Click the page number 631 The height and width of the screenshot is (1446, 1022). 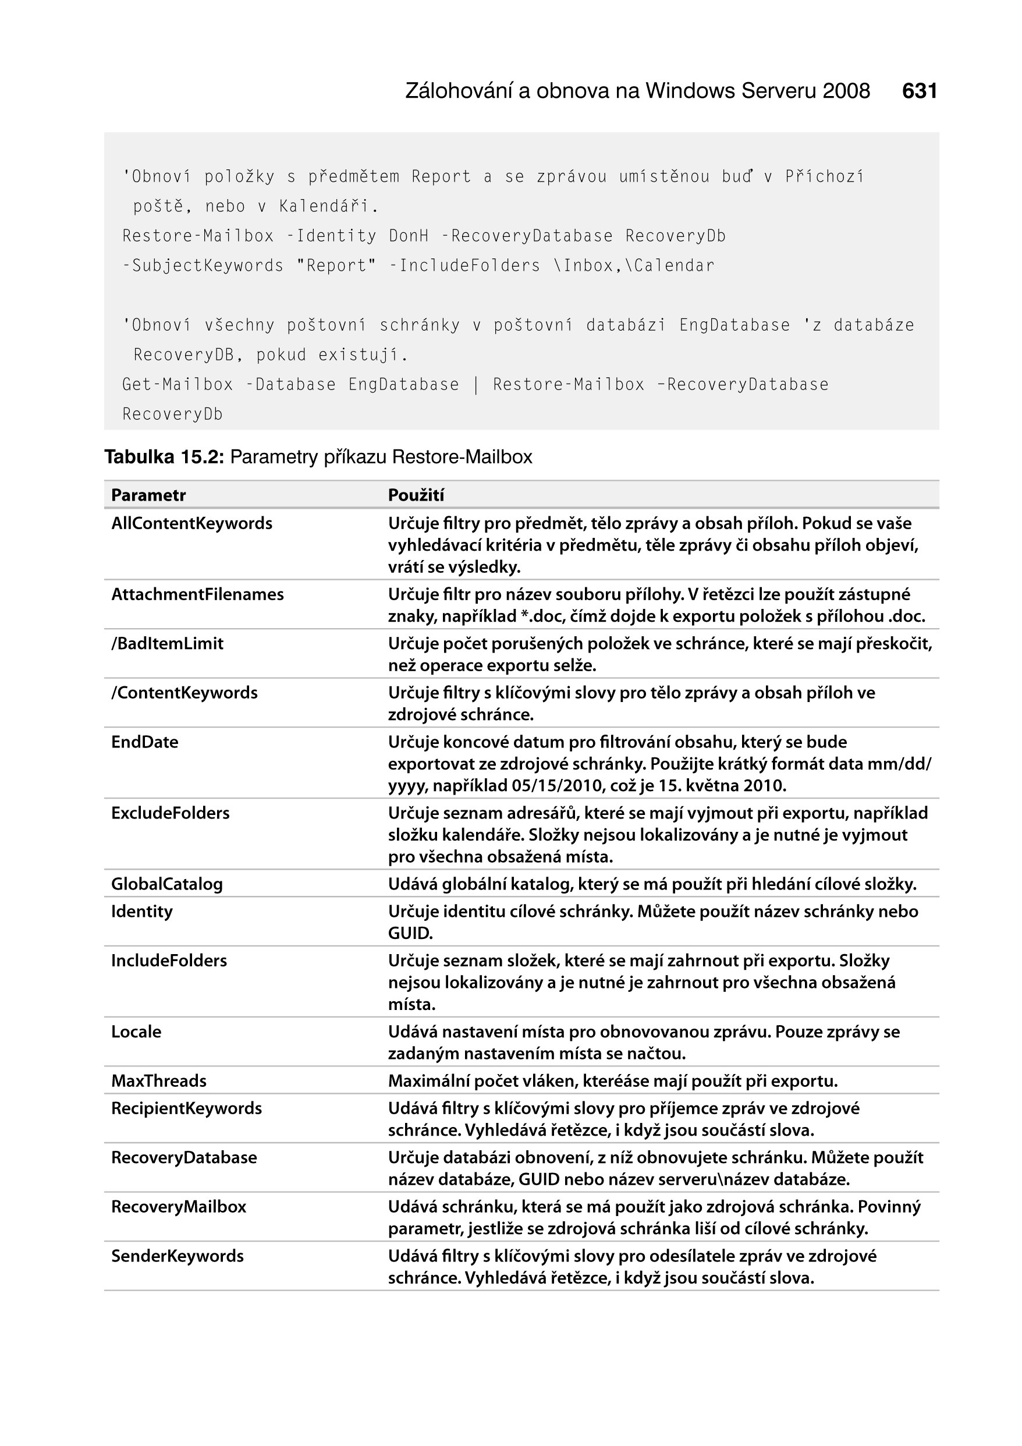click(920, 91)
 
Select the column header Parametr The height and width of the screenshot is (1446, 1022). click(148, 495)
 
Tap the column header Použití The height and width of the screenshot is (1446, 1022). click(416, 495)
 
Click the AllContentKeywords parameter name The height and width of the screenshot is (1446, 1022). click(192, 523)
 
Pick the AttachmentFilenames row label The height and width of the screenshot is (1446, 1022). click(198, 594)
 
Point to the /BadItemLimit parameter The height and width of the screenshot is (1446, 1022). click(168, 644)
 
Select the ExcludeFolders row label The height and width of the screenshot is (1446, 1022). click(171, 813)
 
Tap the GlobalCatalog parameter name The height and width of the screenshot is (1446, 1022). click(167, 884)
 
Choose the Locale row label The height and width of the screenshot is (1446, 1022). click(136, 1032)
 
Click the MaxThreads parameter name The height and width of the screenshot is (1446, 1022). click(159, 1081)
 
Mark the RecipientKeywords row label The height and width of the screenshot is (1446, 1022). click(186, 1108)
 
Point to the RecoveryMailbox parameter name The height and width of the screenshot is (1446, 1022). click(179, 1207)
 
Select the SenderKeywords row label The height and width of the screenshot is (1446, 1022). click(178, 1256)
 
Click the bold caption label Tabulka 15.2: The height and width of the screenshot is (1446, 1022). click(164, 457)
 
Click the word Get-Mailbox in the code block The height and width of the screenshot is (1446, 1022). click(178, 385)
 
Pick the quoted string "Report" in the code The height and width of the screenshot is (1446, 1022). click(336, 266)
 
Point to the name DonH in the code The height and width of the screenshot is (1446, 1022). click(409, 236)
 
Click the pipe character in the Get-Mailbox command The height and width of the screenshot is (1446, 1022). click(476, 385)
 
